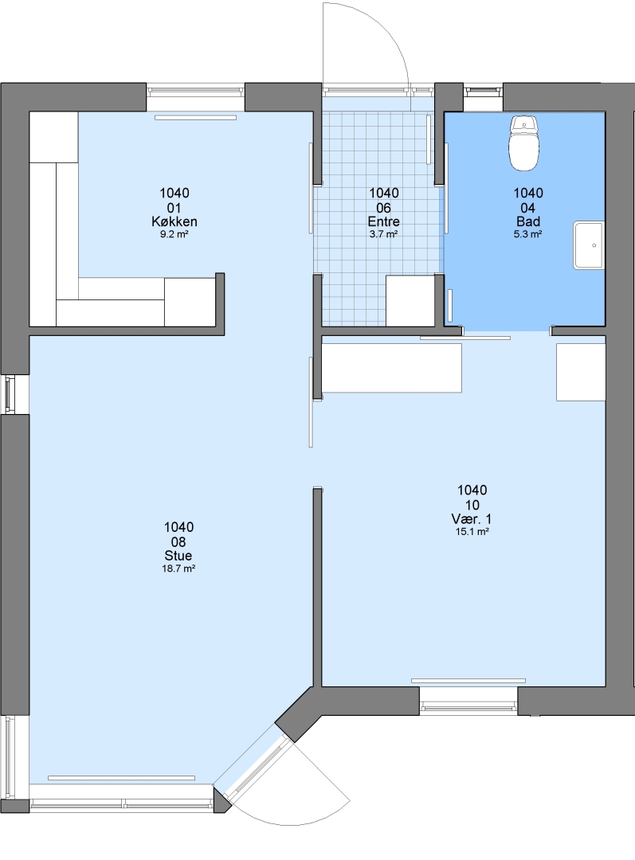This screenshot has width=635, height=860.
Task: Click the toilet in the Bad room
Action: [525, 143]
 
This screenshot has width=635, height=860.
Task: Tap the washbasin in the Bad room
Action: [589, 245]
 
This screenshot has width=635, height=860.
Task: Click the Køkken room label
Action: [174, 221]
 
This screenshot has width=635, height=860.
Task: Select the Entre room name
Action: [384, 221]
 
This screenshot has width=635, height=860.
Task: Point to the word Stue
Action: [178, 556]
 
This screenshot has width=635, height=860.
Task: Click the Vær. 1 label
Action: [472, 519]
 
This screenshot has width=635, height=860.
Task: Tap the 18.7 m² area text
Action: [178, 569]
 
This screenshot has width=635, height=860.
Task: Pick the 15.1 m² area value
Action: [472, 531]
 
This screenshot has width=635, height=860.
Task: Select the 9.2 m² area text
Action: [174, 234]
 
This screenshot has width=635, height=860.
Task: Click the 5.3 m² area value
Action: [528, 234]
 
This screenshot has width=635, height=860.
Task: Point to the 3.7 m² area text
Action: [384, 234]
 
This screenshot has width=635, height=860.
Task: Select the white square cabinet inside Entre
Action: [410, 300]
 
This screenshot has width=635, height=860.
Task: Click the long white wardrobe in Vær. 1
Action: [391, 367]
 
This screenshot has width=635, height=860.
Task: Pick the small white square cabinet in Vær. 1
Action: [581, 372]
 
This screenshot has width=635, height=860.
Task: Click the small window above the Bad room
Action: [483, 91]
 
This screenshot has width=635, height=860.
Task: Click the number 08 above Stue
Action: [178, 542]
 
